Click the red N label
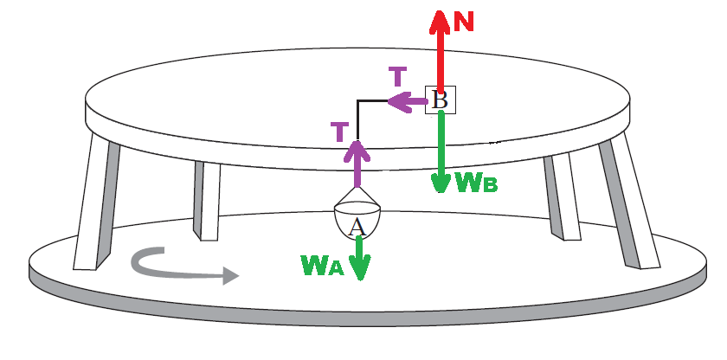click(465, 22)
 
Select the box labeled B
click(440, 100)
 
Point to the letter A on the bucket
click(355, 227)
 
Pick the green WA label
click(323, 265)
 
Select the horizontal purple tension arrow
click(405, 103)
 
